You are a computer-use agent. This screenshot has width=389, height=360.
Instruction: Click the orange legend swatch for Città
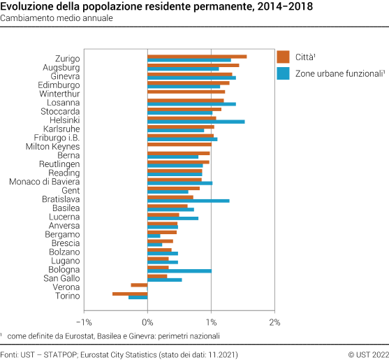[x=283, y=57]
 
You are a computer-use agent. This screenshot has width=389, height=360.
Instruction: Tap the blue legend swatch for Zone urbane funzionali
[x=283, y=72]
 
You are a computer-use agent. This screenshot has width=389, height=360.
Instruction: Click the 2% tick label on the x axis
[x=274, y=322]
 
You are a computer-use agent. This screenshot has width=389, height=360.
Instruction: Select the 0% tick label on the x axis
[x=147, y=322]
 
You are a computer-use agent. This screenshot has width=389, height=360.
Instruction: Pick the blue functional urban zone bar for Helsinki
[x=196, y=122]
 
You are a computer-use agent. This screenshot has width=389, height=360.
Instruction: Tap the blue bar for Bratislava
[x=188, y=201]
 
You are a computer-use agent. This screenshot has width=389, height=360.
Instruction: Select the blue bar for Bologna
[x=179, y=271]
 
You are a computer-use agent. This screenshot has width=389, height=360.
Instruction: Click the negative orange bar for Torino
[x=130, y=294]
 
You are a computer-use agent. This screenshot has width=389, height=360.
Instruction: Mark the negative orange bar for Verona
[x=139, y=285]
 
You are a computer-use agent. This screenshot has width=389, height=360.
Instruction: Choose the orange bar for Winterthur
[x=186, y=92]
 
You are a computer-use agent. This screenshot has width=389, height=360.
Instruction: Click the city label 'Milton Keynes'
[x=52, y=147]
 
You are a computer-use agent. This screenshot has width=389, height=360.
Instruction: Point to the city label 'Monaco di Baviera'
[x=45, y=182]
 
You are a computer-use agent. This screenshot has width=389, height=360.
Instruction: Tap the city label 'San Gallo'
[x=61, y=278]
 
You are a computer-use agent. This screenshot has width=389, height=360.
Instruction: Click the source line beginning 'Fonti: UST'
[x=119, y=354]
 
